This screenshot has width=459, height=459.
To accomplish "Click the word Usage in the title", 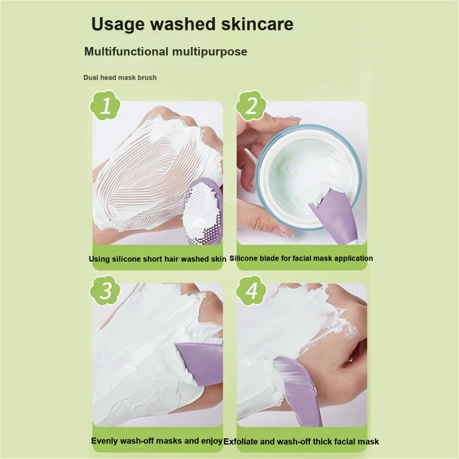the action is point(118,24).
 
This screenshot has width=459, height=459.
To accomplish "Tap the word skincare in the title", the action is point(257,24).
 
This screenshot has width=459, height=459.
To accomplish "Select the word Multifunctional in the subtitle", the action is point(126,52).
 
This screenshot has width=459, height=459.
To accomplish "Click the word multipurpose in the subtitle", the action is point(209,52).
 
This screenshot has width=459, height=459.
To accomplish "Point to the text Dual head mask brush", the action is point(120,77).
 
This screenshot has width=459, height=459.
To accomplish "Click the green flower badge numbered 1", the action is point(105,106).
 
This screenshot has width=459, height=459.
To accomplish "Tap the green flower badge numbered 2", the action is point(251,106).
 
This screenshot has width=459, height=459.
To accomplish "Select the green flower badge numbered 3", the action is point(105,290).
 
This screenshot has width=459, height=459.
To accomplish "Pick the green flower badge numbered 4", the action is point(251,290).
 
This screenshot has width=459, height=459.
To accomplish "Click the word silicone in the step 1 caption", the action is point(126,259).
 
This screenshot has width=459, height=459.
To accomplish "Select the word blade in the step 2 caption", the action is point(270,258).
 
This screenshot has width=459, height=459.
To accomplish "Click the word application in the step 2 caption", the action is point(353,259).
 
